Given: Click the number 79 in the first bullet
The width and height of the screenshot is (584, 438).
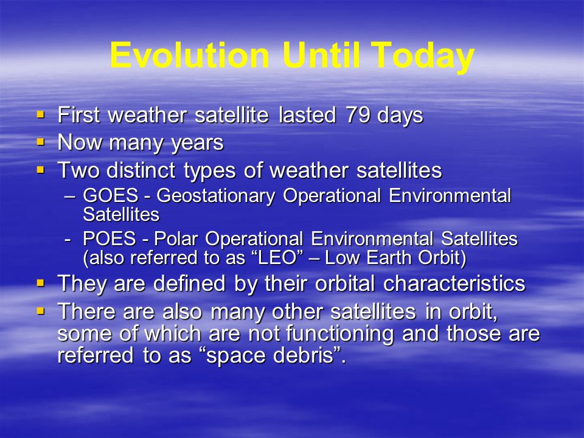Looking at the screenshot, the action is (358, 115).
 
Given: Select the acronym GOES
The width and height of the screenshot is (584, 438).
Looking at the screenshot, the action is (111, 195).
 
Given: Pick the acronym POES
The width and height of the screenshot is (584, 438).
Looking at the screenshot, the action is (109, 238).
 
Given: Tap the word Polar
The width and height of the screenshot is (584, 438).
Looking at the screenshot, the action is (175, 238).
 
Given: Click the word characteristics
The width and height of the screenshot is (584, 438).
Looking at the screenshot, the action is (454, 283).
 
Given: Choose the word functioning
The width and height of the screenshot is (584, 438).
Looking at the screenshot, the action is (339, 334).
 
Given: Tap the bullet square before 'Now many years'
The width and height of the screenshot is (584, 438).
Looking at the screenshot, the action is (41, 142).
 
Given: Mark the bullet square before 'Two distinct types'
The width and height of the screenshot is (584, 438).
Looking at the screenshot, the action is (41, 170).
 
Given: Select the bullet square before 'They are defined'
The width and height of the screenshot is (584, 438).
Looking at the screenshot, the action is (41, 283).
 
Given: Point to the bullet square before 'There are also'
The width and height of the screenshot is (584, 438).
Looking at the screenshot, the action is (41, 311).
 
